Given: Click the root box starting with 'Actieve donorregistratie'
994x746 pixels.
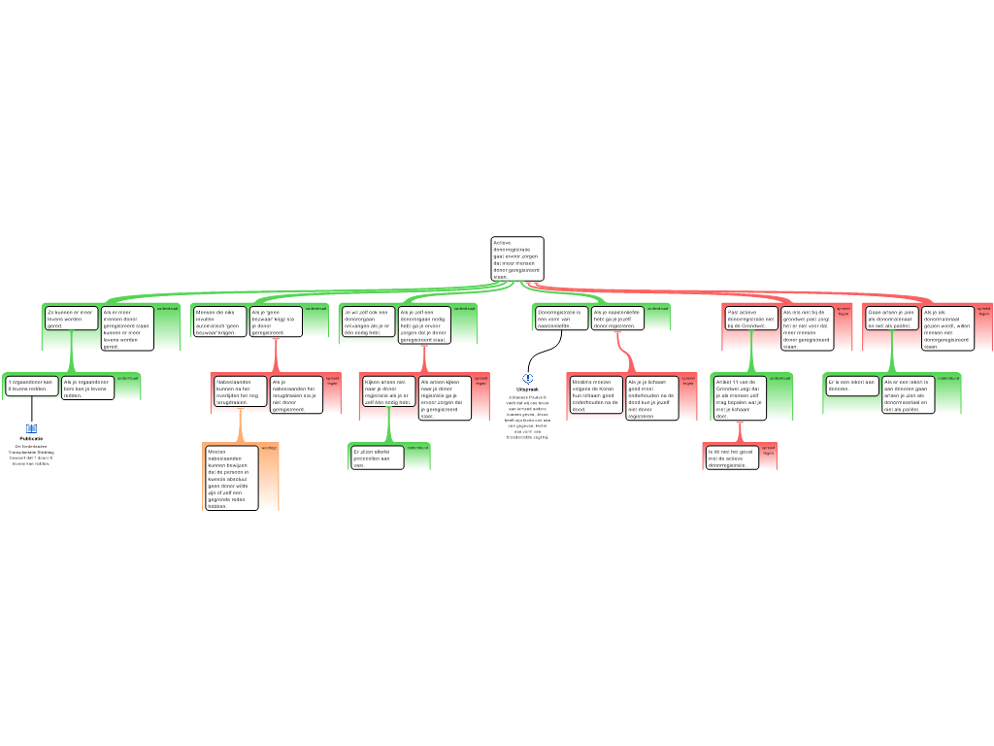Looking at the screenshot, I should click(x=517, y=258).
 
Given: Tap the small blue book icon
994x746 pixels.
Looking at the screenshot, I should click(x=31, y=428).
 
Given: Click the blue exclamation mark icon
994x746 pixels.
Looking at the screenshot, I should click(x=528, y=379).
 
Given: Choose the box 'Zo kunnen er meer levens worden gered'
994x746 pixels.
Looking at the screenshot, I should click(x=71, y=319).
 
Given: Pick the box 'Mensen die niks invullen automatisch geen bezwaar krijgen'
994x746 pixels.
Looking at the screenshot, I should click(x=219, y=322).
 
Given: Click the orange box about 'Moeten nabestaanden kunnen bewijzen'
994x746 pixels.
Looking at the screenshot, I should click(x=231, y=477).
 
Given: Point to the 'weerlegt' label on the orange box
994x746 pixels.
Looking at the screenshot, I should click(x=269, y=448).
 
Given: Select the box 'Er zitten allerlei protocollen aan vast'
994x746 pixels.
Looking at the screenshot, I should click(x=377, y=458).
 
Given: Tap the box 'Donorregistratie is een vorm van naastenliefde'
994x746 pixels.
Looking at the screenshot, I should click(x=561, y=318).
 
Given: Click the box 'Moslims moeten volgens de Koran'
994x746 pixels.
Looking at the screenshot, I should click(x=595, y=394).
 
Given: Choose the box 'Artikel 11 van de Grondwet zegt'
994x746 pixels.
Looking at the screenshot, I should click(x=739, y=397).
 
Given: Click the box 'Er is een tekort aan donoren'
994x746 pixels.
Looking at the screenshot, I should click(x=852, y=385).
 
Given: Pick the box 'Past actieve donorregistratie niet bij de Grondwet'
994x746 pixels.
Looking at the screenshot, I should click(x=751, y=319).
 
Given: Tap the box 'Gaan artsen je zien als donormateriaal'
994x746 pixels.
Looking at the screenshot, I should click(x=890, y=318).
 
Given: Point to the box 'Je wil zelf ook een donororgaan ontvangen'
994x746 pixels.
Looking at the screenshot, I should click(x=368, y=322).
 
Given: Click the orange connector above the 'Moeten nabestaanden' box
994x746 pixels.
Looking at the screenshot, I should click(x=241, y=427).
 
